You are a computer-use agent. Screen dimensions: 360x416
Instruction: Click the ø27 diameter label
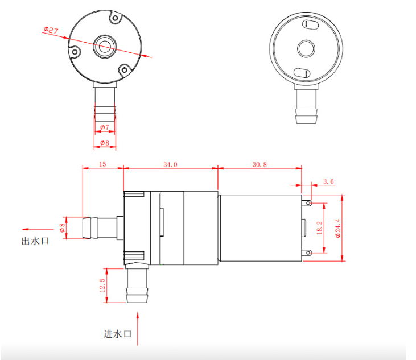(51, 30)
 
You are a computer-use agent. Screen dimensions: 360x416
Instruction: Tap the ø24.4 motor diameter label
(337, 228)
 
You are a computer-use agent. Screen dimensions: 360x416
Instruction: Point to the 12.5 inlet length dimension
(102, 286)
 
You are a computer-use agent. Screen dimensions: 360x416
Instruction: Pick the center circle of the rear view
(306, 48)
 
